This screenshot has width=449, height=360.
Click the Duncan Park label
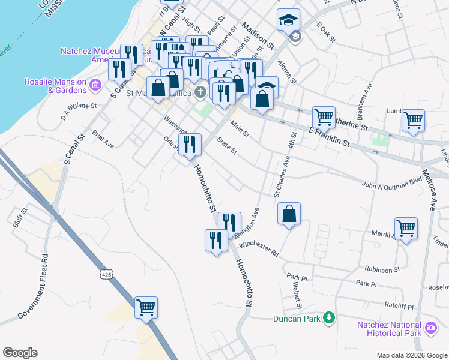(x=297, y=319)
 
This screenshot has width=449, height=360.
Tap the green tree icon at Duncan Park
(x=328, y=317)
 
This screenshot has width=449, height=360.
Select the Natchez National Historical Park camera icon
(x=430, y=328)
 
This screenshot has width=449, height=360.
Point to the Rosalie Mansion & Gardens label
(x=55, y=86)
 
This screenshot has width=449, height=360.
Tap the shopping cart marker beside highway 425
(x=146, y=308)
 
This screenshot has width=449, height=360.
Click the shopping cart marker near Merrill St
(x=406, y=229)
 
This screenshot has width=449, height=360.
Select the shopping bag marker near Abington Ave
(x=289, y=214)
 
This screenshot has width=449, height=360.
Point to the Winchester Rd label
(x=259, y=248)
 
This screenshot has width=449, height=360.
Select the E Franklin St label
(x=329, y=136)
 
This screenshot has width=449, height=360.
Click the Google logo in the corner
(x=20, y=353)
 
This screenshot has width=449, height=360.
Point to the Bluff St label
(x=20, y=218)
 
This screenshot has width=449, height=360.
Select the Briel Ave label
(x=103, y=139)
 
